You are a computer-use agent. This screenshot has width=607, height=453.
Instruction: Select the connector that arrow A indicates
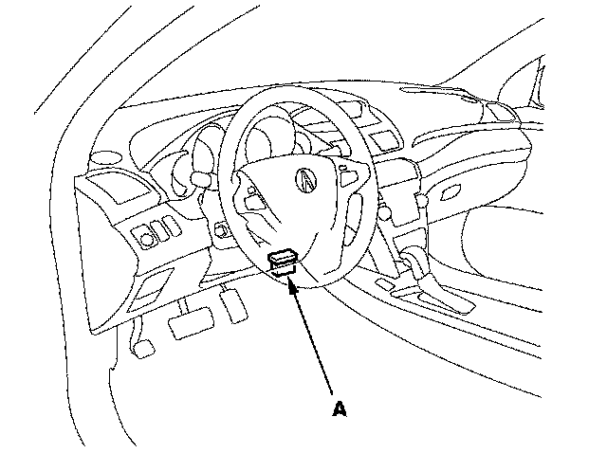tap(284, 259)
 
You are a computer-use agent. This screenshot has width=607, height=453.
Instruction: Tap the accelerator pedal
tap(231, 304)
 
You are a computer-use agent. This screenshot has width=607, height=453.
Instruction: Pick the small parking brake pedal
tap(143, 348)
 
